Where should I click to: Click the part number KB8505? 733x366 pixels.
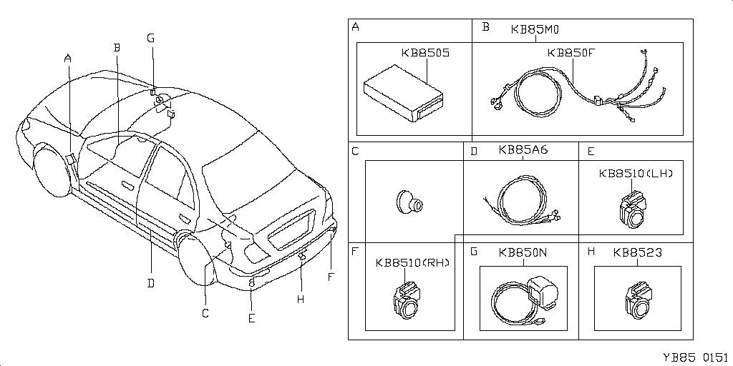pyautogui.click(x=425, y=53)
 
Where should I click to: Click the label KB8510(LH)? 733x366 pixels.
pyautogui.click(x=636, y=173)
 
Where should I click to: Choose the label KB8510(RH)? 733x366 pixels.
pyautogui.click(x=412, y=262)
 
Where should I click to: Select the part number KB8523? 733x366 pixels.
pyautogui.click(x=637, y=252)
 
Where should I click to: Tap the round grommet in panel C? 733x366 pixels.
pyautogui.click(x=409, y=202)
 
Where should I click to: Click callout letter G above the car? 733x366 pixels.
pyautogui.click(x=150, y=38)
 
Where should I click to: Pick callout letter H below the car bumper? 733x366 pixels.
pyautogui.click(x=301, y=299)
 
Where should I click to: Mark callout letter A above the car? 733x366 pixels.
pyautogui.click(x=67, y=58)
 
